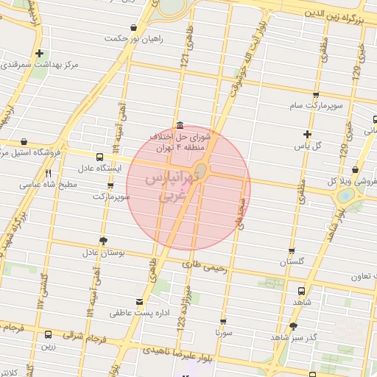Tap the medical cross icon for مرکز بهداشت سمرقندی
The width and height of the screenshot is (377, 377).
tap(39, 53)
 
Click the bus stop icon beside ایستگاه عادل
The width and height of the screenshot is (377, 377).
tap(99, 157)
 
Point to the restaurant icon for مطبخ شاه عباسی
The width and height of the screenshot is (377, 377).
tap(48, 174)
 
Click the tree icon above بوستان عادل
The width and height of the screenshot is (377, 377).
tap(102, 241)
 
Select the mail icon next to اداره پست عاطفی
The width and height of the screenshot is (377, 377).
tap(139, 302)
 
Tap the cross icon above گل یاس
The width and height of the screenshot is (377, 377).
tap(308, 134)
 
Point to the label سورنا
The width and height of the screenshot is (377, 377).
tap(223, 333)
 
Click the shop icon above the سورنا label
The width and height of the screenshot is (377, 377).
tap(224, 322)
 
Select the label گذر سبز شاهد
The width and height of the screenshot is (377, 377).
tap(293, 337)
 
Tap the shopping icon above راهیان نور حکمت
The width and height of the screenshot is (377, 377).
tap(133, 28)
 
